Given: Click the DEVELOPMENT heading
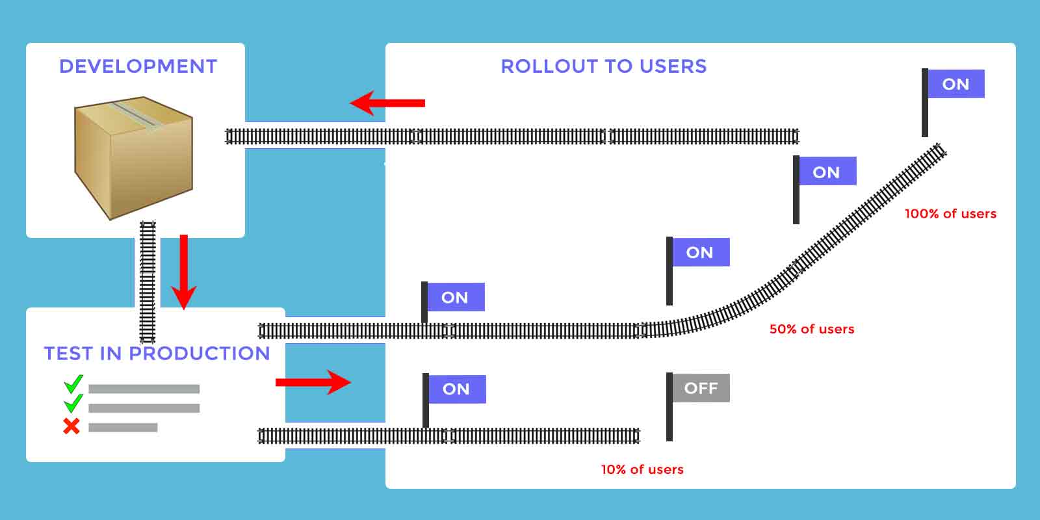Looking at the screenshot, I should tap(138, 66).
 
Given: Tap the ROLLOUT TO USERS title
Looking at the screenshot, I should tap(603, 66).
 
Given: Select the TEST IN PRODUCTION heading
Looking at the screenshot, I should tap(157, 354).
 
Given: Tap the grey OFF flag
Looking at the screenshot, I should tap(700, 388).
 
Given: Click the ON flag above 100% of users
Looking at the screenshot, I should tap(955, 84).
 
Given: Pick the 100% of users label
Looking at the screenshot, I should tap(950, 214).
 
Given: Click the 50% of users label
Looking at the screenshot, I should tap(812, 329).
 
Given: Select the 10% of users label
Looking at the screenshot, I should tap(642, 469).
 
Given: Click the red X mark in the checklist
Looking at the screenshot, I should tap(71, 426).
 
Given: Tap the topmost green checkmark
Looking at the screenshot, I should tap(73, 384).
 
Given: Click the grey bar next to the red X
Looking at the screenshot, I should tap(123, 428).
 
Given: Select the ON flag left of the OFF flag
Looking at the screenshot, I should tap(455, 389).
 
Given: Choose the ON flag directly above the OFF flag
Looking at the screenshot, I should tap(699, 252).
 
